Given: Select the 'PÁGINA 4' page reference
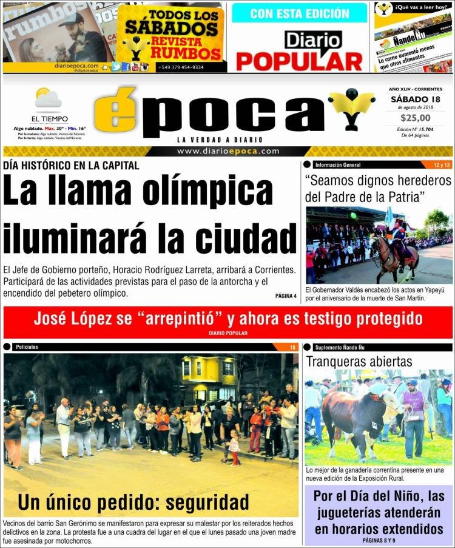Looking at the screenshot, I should pos(285,296).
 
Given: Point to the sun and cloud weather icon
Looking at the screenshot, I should pos(48,98).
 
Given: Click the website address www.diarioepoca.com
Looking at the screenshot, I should pos(228,151).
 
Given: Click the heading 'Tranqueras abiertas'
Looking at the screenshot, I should pos(359,362).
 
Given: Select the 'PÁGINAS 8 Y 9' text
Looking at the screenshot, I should pos(379,540).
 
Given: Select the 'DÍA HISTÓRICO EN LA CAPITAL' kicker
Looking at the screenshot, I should pos(71,165).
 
